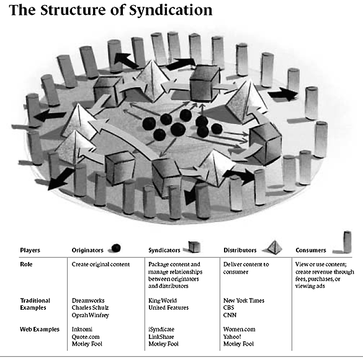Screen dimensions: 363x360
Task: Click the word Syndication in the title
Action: pos(171,10)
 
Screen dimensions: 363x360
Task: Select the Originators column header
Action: pos(87,250)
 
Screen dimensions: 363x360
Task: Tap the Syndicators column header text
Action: pos(164,250)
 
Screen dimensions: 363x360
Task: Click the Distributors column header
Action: pos(240,250)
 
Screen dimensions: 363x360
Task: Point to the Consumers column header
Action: pos(311,250)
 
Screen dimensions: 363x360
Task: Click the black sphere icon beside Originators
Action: pos(116,248)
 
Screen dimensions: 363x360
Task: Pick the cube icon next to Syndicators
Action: pos(194,246)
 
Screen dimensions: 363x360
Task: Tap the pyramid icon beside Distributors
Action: pos(274,247)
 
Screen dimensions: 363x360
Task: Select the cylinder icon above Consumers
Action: pos(347,241)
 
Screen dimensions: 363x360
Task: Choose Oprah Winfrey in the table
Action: pos(91,315)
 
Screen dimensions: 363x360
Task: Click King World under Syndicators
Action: pos(163,300)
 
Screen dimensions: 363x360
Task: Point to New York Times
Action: pos(244,300)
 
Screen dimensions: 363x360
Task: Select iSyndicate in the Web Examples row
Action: pos(161,330)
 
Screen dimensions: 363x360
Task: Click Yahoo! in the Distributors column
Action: pos(232,336)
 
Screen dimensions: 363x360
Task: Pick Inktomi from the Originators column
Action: pos(82,330)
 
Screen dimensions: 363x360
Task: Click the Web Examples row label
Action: pos(40,330)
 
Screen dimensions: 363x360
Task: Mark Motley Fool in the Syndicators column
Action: pos(163,344)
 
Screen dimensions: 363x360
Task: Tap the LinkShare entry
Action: pos(161,336)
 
